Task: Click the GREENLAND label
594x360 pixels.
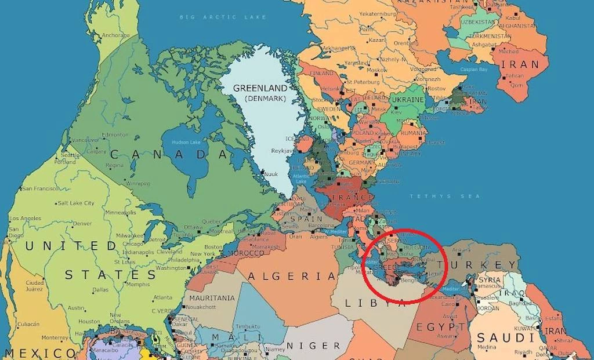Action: point(260,88)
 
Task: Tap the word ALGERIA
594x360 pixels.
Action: point(292,277)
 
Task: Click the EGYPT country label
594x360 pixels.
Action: point(435,328)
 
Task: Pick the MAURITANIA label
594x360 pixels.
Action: point(212,298)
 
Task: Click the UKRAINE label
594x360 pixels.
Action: point(407,100)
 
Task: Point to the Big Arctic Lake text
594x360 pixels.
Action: point(223,17)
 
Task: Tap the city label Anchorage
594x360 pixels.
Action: point(115,35)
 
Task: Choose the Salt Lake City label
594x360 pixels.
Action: point(76,203)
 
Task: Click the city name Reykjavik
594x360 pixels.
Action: point(284,151)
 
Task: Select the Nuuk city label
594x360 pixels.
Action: point(271,173)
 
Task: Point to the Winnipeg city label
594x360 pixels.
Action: point(137,183)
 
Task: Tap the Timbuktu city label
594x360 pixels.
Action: point(248,326)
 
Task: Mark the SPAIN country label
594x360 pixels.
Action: point(306,219)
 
